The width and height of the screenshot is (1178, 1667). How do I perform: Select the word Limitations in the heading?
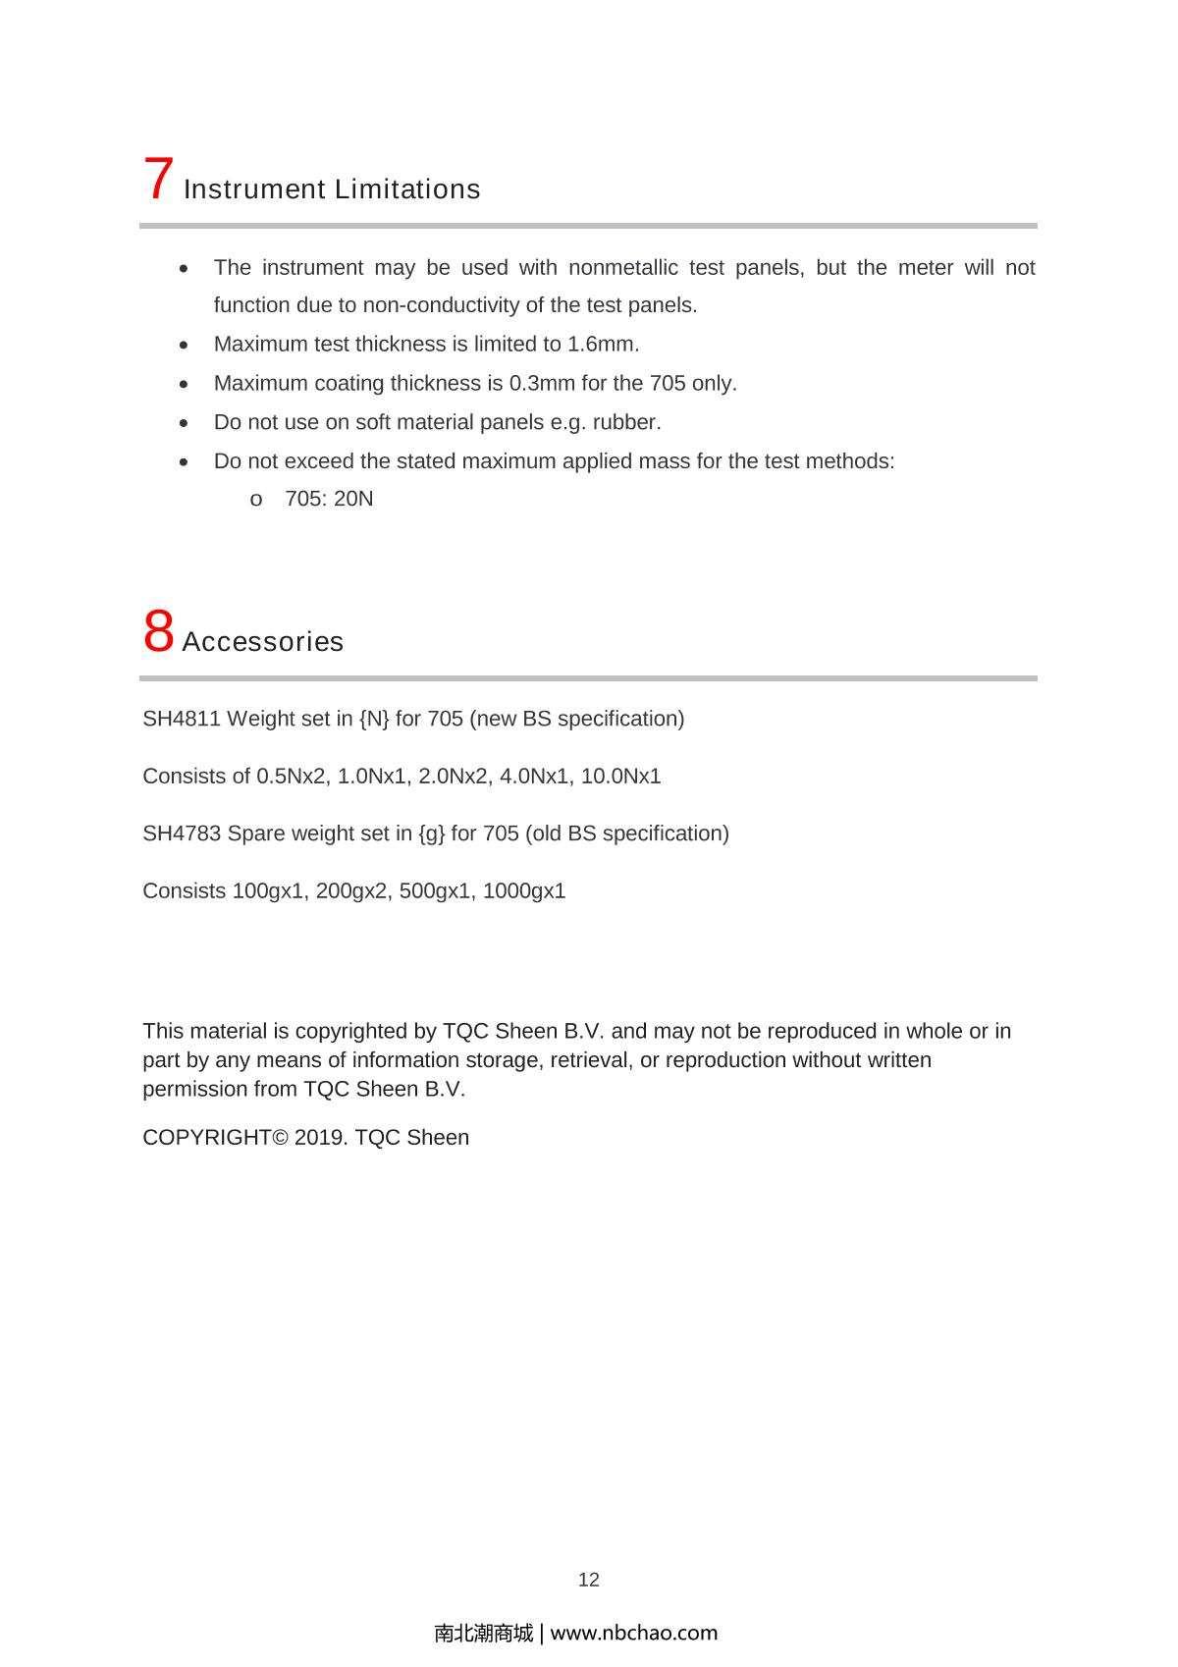tap(406, 188)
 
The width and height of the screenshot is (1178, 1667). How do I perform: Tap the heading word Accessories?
tap(263, 642)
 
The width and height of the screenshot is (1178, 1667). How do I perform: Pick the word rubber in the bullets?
tap(625, 422)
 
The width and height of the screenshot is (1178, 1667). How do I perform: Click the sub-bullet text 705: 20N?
tap(329, 499)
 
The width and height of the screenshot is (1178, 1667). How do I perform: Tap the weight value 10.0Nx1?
tap(620, 777)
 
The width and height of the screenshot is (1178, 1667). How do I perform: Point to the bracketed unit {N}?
tap(374, 719)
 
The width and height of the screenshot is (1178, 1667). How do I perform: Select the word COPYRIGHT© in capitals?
tap(215, 1138)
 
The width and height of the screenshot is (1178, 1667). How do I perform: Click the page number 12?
tap(588, 1580)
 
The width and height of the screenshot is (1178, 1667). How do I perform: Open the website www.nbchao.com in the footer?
tap(634, 1633)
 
